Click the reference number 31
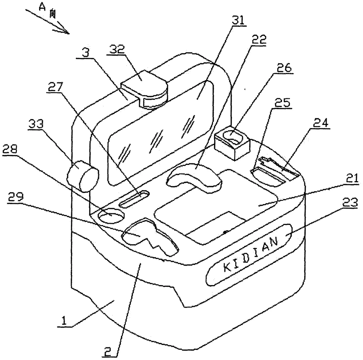[238, 20]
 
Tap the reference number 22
[259, 40]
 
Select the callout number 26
[284, 68]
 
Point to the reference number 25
[282, 102]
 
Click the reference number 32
[117, 49]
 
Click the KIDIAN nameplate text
[251, 255]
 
